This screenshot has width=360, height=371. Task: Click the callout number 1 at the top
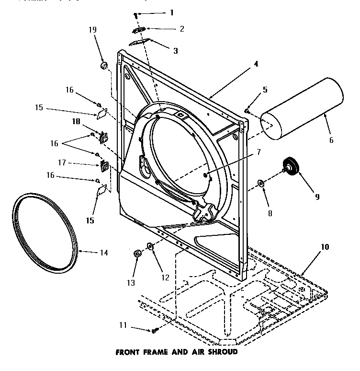click(172, 12)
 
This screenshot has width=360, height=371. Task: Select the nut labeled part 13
click(137, 253)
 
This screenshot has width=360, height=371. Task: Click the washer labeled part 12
click(150, 246)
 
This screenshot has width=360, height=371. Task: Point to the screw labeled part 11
click(155, 330)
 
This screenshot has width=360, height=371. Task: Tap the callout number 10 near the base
click(325, 247)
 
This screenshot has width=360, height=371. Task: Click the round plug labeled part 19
click(103, 65)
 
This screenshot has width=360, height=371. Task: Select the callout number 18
click(76, 122)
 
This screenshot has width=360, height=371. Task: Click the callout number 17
click(75, 163)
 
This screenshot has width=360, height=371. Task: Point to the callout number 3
click(175, 50)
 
